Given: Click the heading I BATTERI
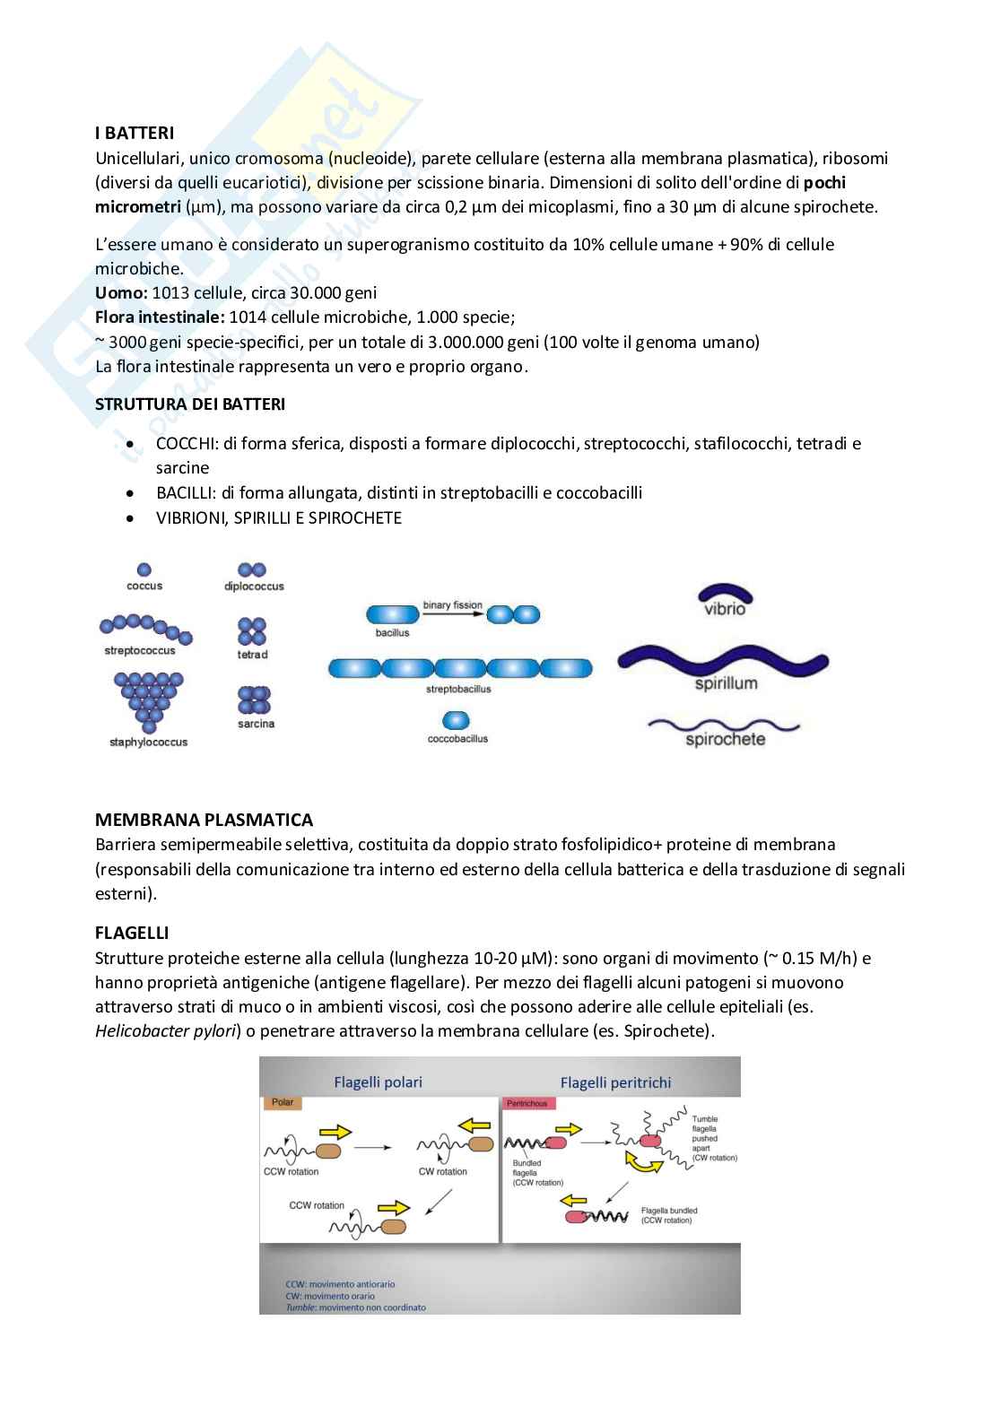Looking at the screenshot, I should click(x=135, y=134).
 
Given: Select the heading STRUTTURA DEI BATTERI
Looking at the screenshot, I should click(x=190, y=404).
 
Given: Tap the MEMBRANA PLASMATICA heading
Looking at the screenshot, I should click(x=204, y=820).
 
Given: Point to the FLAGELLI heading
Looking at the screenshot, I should click(x=132, y=933).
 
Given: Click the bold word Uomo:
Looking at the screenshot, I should click(x=121, y=293).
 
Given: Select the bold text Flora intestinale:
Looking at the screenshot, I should click(x=160, y=317).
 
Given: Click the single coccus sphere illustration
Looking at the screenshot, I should click(x=144, y=569).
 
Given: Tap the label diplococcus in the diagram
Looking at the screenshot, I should click(x=254, y=586).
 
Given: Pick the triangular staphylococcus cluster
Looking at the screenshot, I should click(x=149, y=699).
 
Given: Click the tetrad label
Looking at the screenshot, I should click(x=252, y=655).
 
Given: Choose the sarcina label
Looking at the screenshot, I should click(x=256, y=724).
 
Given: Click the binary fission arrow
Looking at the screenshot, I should click(x=453, y=614).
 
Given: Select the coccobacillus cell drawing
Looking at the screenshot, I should click(x=457, y=720).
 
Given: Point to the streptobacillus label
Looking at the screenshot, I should click(x=458, y=690).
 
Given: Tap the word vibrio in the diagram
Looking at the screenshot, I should click(x=725, y=609).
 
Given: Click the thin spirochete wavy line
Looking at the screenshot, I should click(x=723, y=725).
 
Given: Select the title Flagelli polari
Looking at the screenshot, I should click(x=378, y=1082).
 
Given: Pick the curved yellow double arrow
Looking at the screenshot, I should click(x=643, y=1162).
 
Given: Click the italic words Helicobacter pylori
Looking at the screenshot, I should click(x=166, y=1031).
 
